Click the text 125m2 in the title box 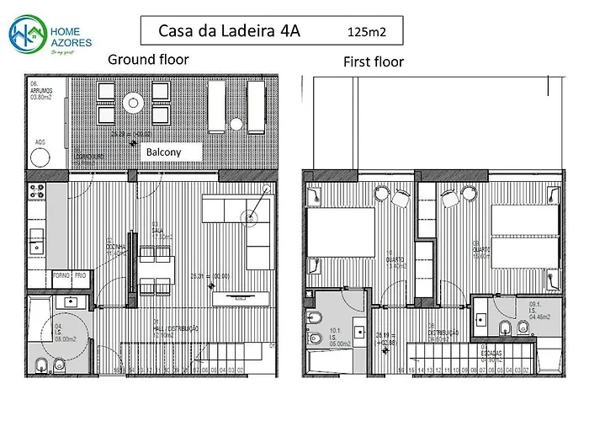[x=366, y=32]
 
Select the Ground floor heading [x=148, y=60]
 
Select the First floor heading [x=373, y=61]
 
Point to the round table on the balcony [x=134, y=103]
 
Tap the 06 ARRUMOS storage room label [x=41, y=90]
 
